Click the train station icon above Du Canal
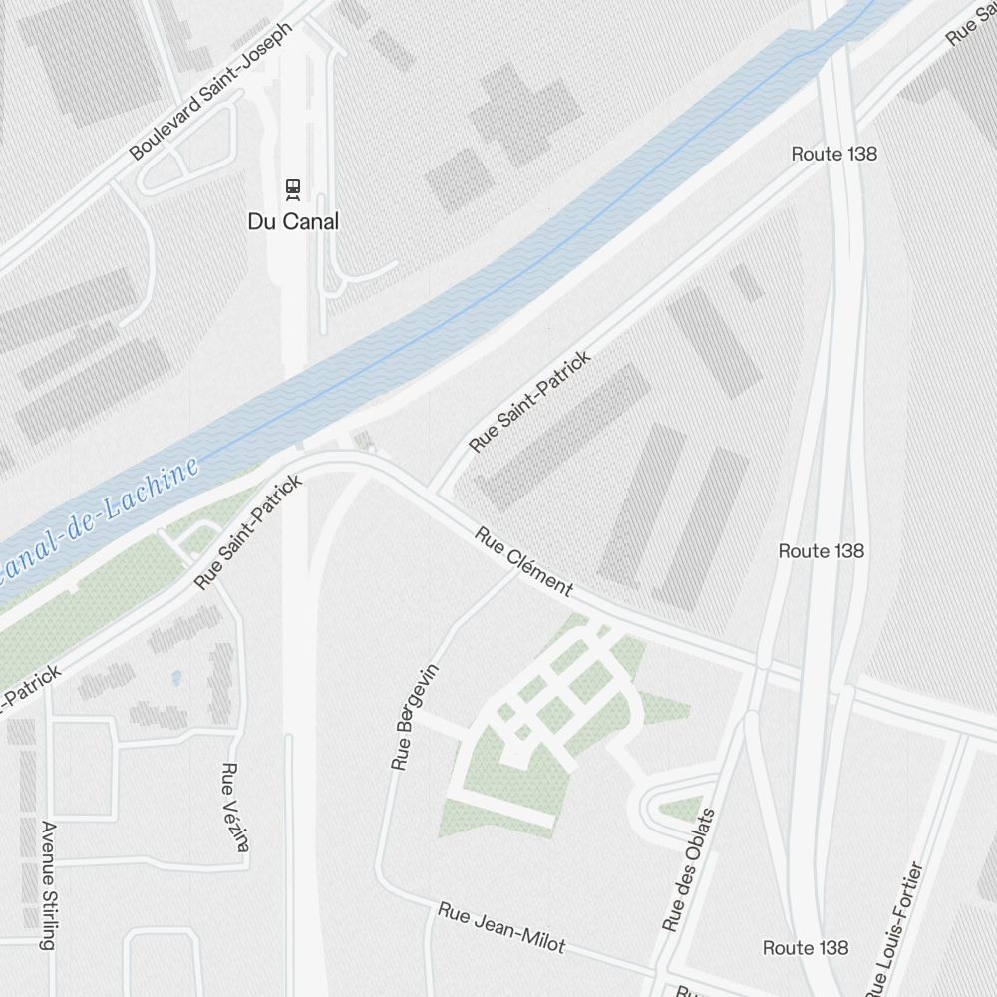tap(293, 188)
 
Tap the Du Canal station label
tap(293, 221)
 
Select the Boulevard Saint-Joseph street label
tap(211, 91)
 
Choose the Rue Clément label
tap(523, 562)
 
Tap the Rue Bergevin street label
tap(415, 716)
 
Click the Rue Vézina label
tap(234, 808)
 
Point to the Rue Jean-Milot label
tap(502, 927)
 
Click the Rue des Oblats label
tap(689, 869)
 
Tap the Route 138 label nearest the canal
tap(833, 154)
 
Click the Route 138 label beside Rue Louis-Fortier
tap(806, 947)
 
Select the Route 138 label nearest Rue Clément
tap(821, 551)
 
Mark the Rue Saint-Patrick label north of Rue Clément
tap(529, 400)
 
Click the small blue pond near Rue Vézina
tap(176, 678)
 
